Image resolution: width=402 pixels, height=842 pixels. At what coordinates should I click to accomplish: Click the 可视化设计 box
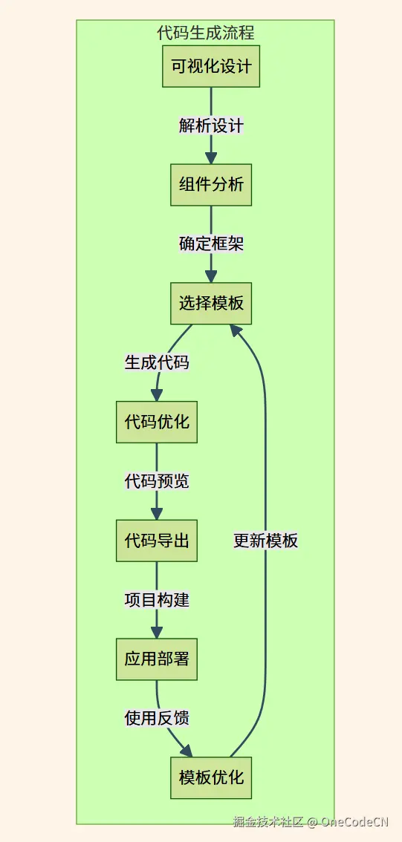211,66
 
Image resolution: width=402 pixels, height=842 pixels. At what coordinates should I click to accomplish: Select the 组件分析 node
211,185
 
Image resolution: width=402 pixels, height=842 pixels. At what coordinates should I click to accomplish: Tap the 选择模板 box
211,303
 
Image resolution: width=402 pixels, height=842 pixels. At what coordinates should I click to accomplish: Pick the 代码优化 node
157,422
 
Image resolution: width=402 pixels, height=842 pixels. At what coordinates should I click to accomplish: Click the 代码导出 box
157,541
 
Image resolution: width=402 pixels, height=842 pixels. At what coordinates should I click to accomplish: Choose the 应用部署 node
157,659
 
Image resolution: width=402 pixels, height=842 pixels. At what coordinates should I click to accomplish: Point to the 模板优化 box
211,777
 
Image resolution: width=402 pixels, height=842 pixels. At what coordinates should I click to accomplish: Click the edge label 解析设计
211,125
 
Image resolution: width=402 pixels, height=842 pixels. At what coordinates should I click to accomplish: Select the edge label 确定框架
211,244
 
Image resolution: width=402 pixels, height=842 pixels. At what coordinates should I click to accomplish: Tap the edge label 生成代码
157,362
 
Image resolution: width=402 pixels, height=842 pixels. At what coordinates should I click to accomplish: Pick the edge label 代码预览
157,481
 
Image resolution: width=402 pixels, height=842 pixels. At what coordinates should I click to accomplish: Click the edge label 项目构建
157,600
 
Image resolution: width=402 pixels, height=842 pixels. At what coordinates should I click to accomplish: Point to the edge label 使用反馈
157,718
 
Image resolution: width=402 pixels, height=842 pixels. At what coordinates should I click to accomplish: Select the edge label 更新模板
265,541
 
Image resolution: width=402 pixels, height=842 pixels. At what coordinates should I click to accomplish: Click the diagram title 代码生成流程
206,33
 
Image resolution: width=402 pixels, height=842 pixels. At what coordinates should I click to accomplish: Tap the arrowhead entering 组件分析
211,157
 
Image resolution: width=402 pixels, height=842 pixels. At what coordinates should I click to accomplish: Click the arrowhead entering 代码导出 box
157,513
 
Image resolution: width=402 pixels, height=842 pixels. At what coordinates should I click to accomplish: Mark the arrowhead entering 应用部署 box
157,632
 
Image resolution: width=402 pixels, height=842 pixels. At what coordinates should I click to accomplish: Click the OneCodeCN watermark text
354,821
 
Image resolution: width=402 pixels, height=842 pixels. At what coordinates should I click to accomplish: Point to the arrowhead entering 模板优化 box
187,751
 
